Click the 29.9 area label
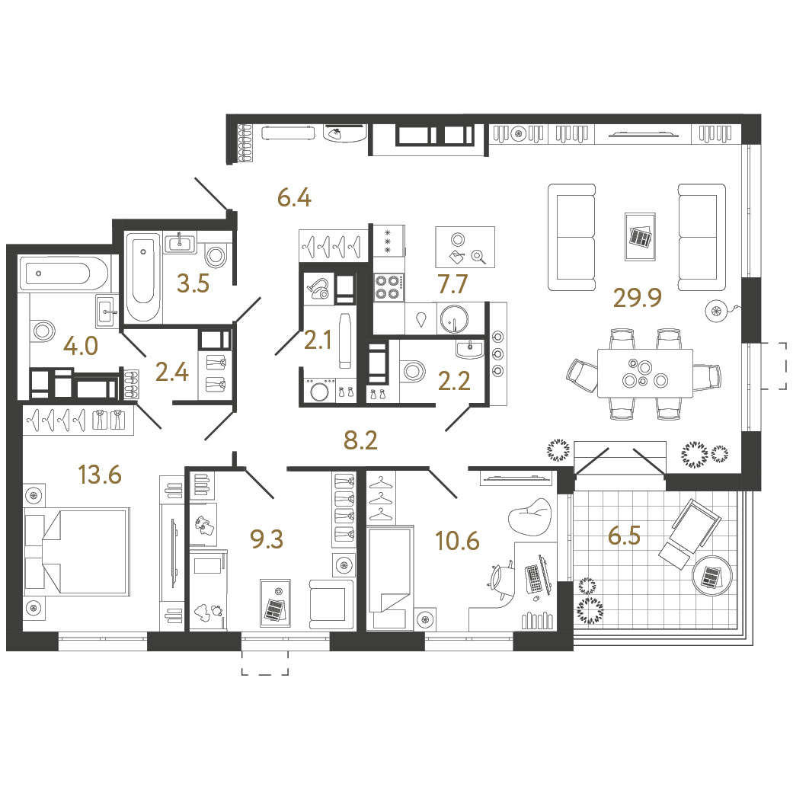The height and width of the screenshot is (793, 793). click(x=638, y=297)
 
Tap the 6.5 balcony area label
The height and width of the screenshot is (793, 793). click(x=624, y=535)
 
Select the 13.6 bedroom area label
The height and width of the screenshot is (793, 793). click(x=100, y=475)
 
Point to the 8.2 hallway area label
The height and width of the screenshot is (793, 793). click(x=360, y=440)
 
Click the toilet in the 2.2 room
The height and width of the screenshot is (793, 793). click(x=413, y=370)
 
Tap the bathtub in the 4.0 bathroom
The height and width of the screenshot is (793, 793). click(x=63, y=273)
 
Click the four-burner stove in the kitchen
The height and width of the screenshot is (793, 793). click(x=389, y=286)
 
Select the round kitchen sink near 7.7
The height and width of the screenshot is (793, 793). click(x=454, y=319)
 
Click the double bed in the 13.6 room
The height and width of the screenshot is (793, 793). click(x=77, y=552)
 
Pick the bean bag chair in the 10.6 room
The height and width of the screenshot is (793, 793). click(x=529, y=516)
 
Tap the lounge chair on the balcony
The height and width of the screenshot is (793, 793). click(x=689, y=533)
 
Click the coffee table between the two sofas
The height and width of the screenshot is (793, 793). click(x=641, y=237)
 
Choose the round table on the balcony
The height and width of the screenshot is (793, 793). click(x=711, y=576)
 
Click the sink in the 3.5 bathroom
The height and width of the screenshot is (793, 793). click(x=180, y=242)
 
